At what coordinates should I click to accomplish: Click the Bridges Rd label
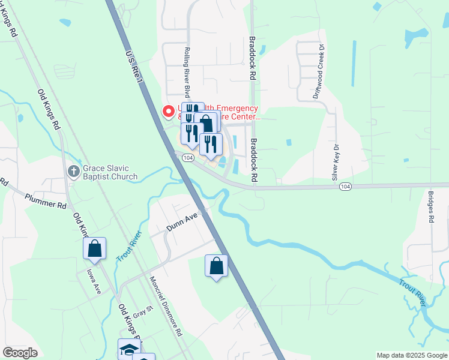pos(430,207)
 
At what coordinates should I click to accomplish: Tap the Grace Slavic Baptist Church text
pos(110,173)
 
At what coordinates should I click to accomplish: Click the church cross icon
pos(73,172)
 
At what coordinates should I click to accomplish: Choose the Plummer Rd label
pos(45,200)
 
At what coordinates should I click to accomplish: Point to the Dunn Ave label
pos(182,224)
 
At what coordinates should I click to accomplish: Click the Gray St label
pos(140,312)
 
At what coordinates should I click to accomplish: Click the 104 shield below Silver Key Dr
pos(345,187)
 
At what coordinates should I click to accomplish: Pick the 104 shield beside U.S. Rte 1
pos(188,158)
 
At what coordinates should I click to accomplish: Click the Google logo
pos(20,353)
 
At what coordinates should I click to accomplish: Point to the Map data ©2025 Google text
pos(411,355)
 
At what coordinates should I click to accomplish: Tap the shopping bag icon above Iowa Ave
pos(95,249)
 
